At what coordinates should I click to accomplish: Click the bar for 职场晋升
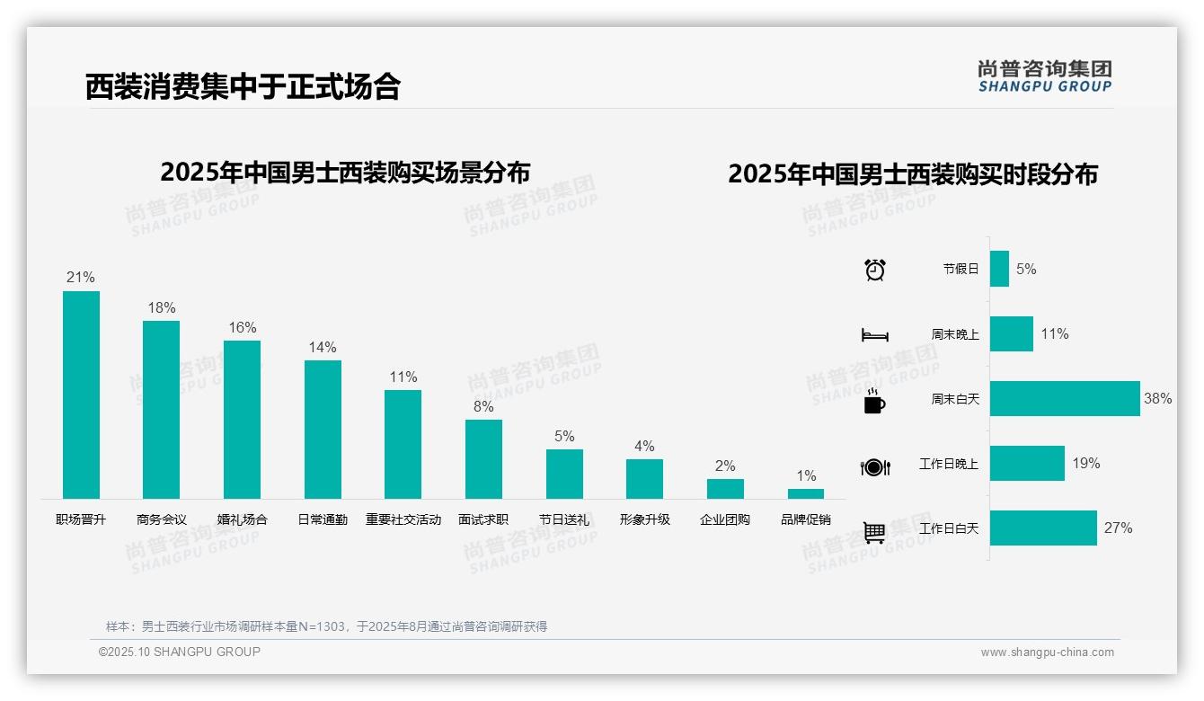[81, 395]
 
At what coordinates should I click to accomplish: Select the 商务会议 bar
[161, 410]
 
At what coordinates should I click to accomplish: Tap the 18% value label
[162, 307]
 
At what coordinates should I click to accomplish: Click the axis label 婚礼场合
[242, 519]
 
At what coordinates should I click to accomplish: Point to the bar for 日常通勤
[323, 430]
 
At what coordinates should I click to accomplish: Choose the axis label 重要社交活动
[403, 519]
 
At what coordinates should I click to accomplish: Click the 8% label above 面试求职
[483, 406]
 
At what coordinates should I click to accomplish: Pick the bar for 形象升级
[644, 479]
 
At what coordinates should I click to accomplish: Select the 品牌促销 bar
[806, 493]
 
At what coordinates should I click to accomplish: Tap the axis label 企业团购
[725, 519]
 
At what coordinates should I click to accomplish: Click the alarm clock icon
[875, 270]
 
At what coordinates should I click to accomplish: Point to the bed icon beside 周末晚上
[875, 335]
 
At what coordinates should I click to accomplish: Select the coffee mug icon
[874, 401]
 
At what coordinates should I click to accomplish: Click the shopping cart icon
[874, 532]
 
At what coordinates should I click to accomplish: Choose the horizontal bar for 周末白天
[1065, 399]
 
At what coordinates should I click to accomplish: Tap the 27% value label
[1118, 528]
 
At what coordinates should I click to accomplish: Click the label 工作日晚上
[949, 464]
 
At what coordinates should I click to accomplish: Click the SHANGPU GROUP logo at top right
[1044, 76]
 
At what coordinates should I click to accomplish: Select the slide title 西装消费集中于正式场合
[243, 86]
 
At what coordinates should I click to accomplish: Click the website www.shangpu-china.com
[1047, 652]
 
